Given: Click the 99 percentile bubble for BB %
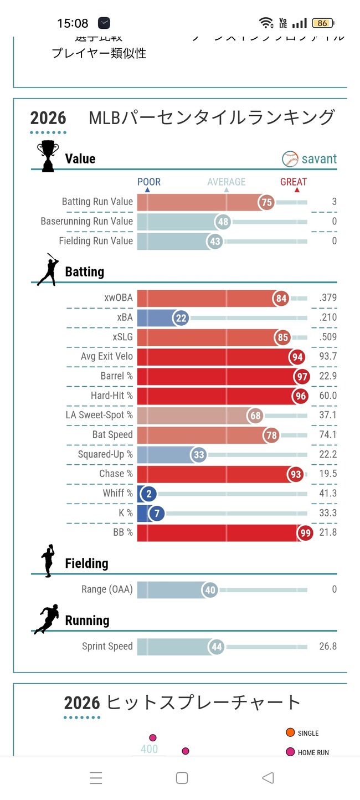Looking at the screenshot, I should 305,532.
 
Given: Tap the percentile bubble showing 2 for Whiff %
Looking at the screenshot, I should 148,493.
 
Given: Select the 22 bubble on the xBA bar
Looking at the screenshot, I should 181,317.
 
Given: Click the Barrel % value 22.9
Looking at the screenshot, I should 328,376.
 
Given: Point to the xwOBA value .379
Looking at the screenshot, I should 327,298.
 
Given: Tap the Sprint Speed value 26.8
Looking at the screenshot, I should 327,647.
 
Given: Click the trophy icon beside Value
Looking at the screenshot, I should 47,156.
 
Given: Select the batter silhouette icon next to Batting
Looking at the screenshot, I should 47,269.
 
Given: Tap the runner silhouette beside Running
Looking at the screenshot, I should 47,618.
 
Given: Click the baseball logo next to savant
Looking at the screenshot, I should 290,159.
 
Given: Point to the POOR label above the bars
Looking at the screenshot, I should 149,182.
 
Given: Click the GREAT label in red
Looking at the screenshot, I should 294,182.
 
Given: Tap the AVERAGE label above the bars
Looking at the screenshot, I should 226,182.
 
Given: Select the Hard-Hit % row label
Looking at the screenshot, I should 112,396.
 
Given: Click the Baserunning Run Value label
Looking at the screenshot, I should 87,222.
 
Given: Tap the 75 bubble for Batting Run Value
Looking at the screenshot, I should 267,202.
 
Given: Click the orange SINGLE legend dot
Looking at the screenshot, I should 290,732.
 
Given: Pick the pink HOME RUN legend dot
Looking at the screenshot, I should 290,752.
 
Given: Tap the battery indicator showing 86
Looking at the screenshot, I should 322,23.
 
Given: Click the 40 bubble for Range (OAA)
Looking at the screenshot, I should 210,590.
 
